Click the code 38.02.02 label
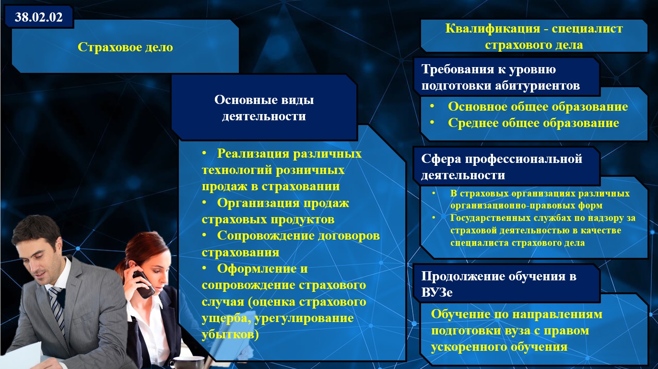(x=38, y=17)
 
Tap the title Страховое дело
(x=126, y=47)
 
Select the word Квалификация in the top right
(x=493, y=28)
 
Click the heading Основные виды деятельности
(x=264, y=108)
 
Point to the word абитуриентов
(x=537, y=86)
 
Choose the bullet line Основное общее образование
(x=538, y=106)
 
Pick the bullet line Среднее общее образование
(x=533, y=123)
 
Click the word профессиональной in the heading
(x=523, y=159)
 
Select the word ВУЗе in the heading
(x=437, y=292)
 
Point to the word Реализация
(x=253, y=154)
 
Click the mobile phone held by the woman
(x=143, y=284)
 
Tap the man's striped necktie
(x=57, y=309)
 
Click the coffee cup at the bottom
(x=188, y=362)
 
